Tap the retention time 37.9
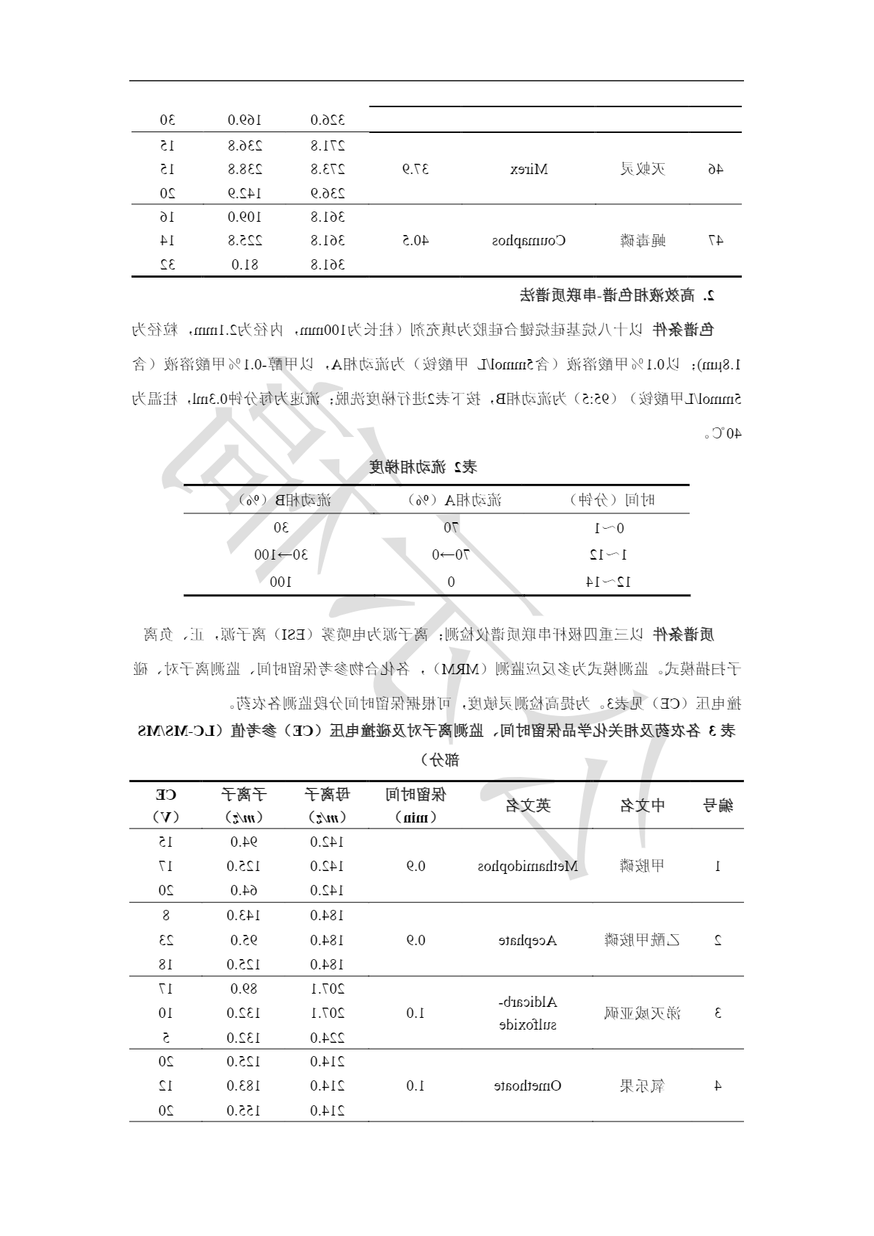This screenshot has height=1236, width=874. click(416, 170)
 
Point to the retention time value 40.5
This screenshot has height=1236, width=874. click(416, 240)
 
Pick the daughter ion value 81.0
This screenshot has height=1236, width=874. click(245, 264)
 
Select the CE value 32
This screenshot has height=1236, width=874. click(167, 264)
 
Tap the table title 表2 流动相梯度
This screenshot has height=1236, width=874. click(423, 467)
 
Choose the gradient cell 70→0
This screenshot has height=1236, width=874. click(450, 554)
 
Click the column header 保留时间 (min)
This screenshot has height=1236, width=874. click(416, 805)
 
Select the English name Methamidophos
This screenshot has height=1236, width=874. click(528, 866)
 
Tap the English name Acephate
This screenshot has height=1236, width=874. click(528, 940)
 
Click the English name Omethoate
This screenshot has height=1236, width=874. click(528, 1085)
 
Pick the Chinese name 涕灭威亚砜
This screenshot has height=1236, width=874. click(642, 1013)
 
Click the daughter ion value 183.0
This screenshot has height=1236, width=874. click(245, 1085)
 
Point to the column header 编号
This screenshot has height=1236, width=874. click(717, 806)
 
